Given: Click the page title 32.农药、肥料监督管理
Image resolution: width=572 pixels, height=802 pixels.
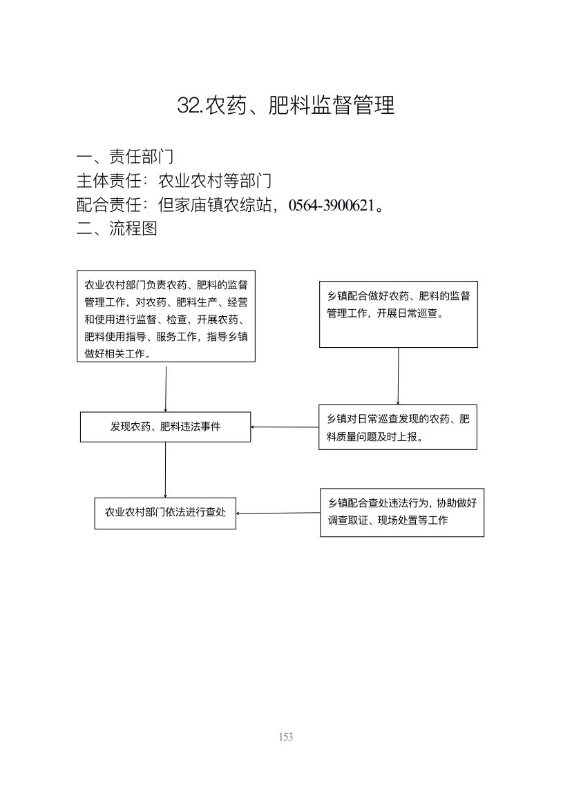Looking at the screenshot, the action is [286, 106].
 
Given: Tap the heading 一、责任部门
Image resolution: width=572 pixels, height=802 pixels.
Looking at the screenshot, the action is [125, 156].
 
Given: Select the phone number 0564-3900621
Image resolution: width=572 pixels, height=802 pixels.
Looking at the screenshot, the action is [332, 206].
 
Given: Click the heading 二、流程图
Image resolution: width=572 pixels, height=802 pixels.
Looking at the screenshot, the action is [117, 228].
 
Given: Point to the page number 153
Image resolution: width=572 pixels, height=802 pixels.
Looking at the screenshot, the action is [286, 736].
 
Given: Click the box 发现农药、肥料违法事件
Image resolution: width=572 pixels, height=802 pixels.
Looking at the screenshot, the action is [165, 427].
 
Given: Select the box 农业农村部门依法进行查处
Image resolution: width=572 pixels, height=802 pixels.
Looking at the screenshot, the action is [165, 513].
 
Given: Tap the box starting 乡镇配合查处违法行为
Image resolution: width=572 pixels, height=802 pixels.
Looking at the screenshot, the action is [402, 513].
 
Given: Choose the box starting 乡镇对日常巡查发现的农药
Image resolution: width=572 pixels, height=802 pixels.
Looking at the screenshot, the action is [398, 428].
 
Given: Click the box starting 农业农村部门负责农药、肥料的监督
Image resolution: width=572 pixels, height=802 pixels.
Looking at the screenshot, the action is [166, 316].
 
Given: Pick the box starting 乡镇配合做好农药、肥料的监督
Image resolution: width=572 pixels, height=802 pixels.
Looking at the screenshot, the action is [399, 314].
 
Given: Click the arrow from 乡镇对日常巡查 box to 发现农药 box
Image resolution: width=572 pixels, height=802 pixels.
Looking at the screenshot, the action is [285, 427].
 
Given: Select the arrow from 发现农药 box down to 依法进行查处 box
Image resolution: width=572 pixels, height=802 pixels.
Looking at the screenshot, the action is [165, 469].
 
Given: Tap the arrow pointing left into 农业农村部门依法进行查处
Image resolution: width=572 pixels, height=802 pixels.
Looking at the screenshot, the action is [278, 513].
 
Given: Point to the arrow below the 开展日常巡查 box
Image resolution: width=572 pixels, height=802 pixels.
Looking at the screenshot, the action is [399, 376].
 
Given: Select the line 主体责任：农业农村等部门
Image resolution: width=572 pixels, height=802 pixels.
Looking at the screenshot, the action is [173, 181].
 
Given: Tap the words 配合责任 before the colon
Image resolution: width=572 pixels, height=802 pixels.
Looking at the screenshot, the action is [108, 206].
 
